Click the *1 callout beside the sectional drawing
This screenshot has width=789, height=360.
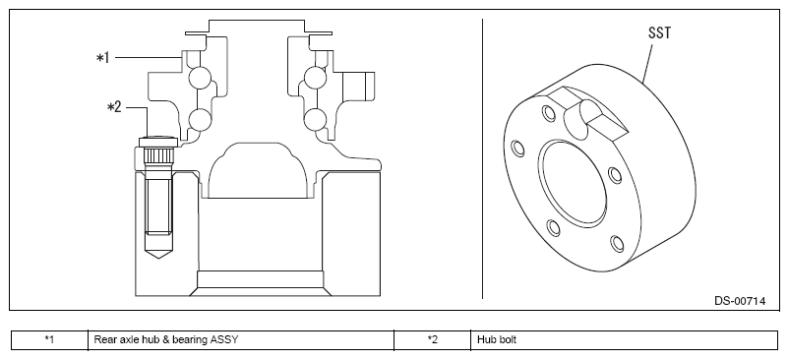pos(102,58)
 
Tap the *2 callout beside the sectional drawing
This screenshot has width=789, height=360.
pos(114,107)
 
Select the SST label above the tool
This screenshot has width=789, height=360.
pos(659,32)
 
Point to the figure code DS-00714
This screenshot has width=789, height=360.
pos(740,301)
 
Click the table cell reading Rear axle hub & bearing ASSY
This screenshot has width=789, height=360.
pos(166,339)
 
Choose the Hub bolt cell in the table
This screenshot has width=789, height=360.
pos(497,339)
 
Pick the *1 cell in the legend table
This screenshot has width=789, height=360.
pos(49,339)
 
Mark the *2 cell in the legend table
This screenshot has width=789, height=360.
pos(432,339)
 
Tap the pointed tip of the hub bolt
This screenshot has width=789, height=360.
pos(158,258)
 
